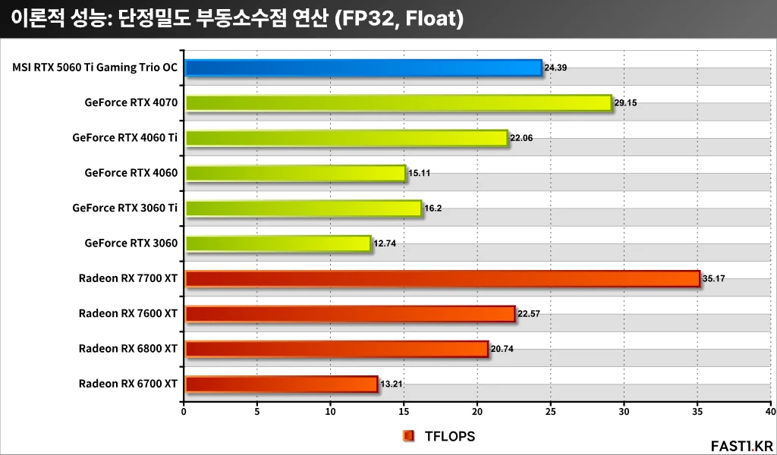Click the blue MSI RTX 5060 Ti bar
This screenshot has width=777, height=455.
click(363, 68)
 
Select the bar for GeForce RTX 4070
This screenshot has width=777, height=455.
click(398, 103)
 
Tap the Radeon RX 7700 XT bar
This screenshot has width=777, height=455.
click(442, 279)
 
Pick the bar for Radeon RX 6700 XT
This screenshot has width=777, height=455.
click(281, 384)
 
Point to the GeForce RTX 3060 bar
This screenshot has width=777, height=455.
click(278, 243)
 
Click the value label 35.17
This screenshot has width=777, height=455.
click(714, 279)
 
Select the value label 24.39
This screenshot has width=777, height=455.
click(556, 68)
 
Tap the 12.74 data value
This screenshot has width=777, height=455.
click(385, 243)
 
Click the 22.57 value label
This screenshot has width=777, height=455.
click(529, 314)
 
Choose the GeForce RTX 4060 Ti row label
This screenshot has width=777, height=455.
click(125, 138)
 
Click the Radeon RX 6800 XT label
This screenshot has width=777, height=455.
click(127, 349)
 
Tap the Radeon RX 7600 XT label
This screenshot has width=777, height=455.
click(127, 314)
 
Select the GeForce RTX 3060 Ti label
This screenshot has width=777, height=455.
click(125, 209)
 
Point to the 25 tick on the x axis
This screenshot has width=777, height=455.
click(551, 411)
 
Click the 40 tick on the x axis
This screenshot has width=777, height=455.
click(770, 411)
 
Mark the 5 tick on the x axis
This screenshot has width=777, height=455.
click(257, 411)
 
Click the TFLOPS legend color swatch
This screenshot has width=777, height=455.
click(409, 436)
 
